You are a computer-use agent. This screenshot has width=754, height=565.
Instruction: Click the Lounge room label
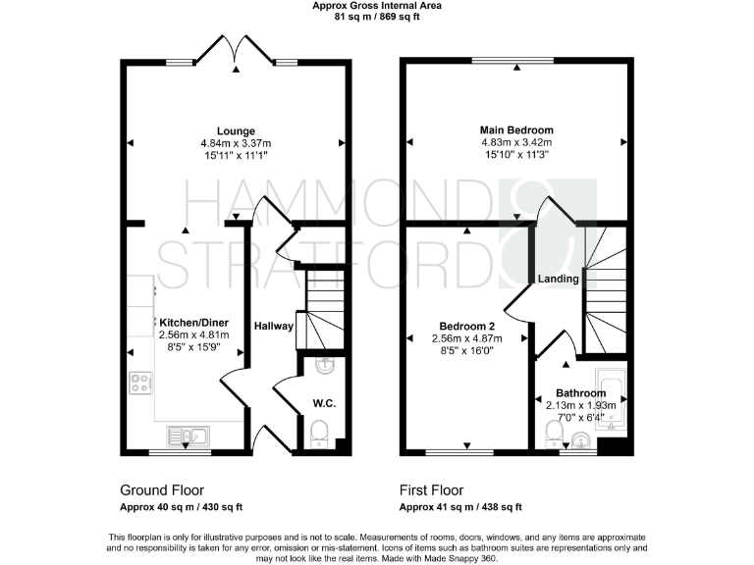click(236, 131)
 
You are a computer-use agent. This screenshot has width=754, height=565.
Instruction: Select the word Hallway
click(274, 326)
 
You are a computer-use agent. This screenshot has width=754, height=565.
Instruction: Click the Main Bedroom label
click(516, 130)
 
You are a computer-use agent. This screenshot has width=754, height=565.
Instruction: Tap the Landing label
click(558, 280)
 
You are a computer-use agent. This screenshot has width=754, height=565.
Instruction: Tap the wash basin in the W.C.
click(323, 367)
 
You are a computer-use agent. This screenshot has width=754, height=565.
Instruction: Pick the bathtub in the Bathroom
click(612, 400)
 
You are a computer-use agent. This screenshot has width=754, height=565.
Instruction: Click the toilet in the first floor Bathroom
click(553, 432)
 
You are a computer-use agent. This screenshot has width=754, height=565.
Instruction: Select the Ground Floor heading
click(162, 489)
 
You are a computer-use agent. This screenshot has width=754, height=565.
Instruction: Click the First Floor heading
click(432, 489)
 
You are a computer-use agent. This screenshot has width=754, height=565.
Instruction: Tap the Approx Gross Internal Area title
click(376, 5)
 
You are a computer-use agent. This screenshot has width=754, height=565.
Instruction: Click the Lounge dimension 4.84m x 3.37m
click(236, 143)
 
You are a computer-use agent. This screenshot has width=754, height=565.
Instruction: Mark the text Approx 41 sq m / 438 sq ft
click(460, 507)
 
